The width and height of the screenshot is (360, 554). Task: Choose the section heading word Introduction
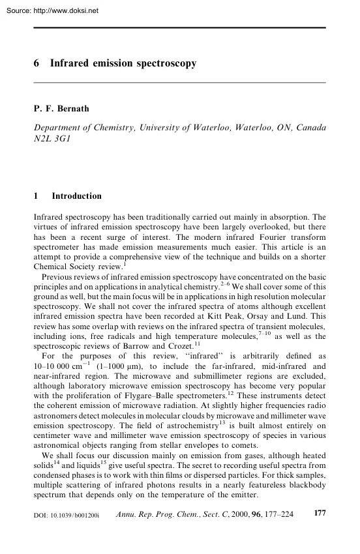[x=76, y=196]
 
